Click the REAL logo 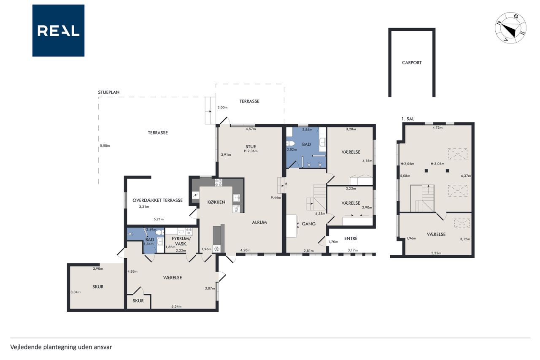click(58, 31)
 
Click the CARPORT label click(412, 63)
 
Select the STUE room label click(251, 146)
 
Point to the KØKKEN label click(216, 202)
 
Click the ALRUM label click(259, 222)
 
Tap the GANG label click(308, 224)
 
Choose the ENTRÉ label click(351, 238)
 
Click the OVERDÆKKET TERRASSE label click(157, 200)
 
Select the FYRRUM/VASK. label click(181, 241)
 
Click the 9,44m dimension click(276, 198)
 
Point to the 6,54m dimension click(176, 306)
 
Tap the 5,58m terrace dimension click(105, 146)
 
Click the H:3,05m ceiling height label click(437, 164)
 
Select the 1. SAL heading click(408, 119)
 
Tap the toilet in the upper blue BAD click(290, 143)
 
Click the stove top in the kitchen click(219, 182)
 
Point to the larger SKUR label click(98, 287)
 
